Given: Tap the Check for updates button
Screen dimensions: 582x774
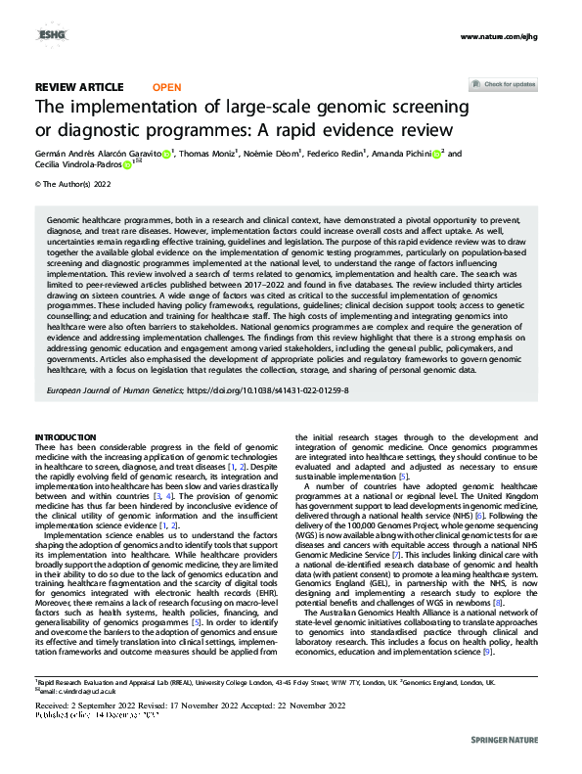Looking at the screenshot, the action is tap(509, 85).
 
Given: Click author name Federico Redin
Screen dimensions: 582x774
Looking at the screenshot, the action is tap(337, 154).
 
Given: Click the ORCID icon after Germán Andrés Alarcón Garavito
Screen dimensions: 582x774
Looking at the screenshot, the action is tap(167, 155).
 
